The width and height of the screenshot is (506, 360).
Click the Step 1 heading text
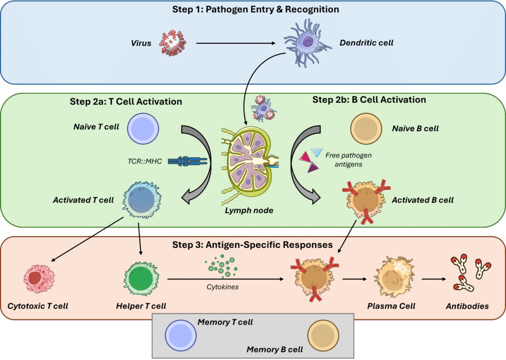(x=253, y=9)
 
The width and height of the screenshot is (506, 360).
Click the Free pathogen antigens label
(x=349, y=160)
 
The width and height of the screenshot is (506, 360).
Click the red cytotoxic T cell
(x=38, y=279)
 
